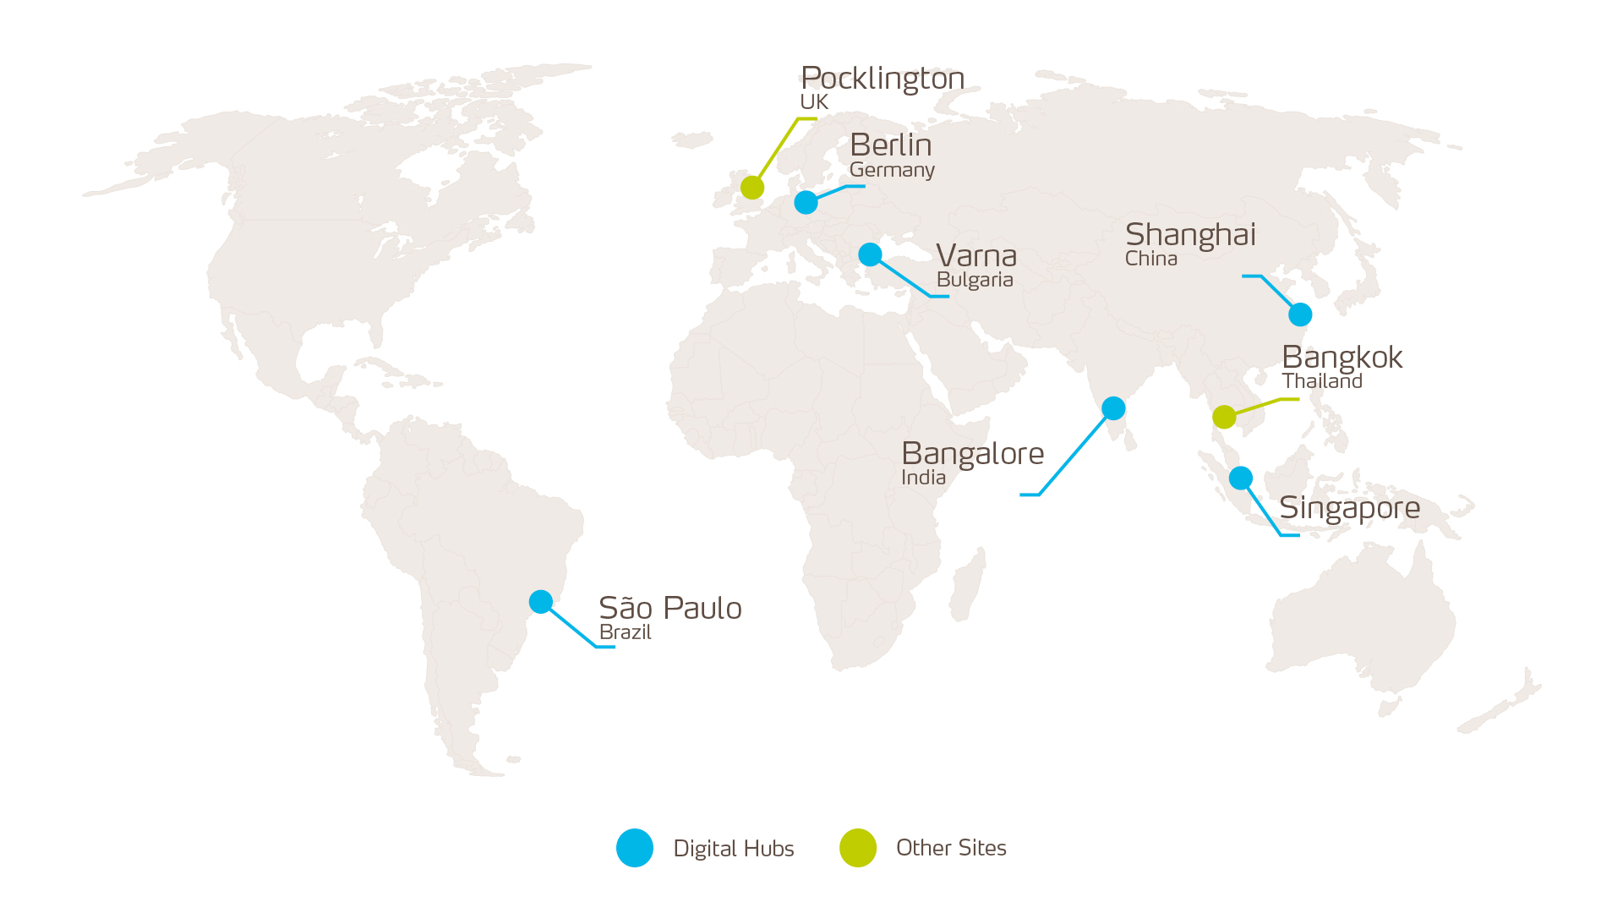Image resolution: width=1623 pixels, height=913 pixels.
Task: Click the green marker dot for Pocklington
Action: pyautogui.click(x=752, y=187)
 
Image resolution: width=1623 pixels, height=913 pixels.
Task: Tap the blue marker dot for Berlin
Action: pyautogui.click(x=806, y=202)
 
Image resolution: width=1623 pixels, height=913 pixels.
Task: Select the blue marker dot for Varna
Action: pyautogui.click(x=870, y=254)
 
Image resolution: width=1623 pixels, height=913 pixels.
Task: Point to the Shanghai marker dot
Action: pyautogui.click(x=1300, y=314)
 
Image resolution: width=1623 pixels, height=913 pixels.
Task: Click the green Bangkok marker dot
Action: pyautogui.click(x=1224, y=417)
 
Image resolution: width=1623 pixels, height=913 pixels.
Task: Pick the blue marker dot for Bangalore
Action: pyautogui.click(x=1113, y=408)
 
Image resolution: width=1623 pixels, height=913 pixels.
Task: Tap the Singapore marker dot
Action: pyautogui.click(x=1240, y=478)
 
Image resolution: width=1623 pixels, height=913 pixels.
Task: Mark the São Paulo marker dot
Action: pyautogui.click(x=541, y=601)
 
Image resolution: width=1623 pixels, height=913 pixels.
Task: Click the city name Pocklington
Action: pyautogui.click(x=883, y=78)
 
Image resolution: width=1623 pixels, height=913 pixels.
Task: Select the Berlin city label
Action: pyautogui.click(x=890, y=145)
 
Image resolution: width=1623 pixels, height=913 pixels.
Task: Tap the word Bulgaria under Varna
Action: pyautogui.click(x=975, y=280)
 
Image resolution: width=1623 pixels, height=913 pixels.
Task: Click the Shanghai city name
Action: pyautogui.click(x=1190, y=234)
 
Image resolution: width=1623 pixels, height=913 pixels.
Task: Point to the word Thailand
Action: pyautogui.click(x=1322, y=381)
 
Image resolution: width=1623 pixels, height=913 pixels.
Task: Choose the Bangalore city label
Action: pyautogui.click(x=972, y=454)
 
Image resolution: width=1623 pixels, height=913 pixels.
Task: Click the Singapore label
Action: pyautogui.click(x=1349, y=508)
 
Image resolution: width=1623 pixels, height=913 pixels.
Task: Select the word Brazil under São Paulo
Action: pyautogui.click(x=625, y=632)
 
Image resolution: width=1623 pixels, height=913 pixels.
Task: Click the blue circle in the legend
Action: pyautogui.click(x=635, y=848)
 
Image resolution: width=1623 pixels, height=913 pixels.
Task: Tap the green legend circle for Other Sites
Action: pyautogui.click(x=857, y=848)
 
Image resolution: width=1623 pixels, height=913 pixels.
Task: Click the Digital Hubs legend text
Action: pyautogui.click(x=733, y=848)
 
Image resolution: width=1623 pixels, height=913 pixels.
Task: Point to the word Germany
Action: pyautogui.click(x=892, y=170)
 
